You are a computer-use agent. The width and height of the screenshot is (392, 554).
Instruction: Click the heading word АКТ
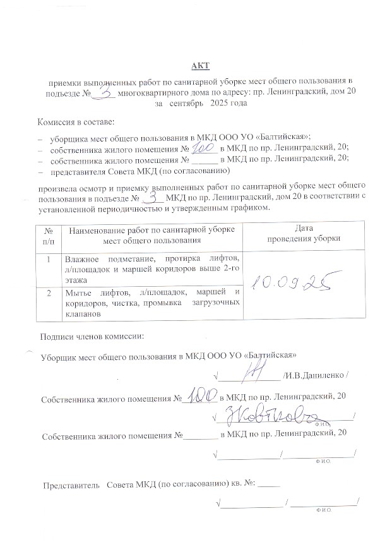click(x=200, y=66)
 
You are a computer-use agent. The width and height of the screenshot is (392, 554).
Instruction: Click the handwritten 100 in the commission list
click(x=203, y=148)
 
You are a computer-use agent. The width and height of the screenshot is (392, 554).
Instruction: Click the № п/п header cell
click(x=48, y=234)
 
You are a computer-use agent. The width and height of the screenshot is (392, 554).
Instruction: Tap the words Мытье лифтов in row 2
click(x=92, y=292)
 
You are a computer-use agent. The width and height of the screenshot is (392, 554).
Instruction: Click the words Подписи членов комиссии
click(x=92, y=337)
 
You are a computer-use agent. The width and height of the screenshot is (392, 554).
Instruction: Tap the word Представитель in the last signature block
click(x=71, y=485)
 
